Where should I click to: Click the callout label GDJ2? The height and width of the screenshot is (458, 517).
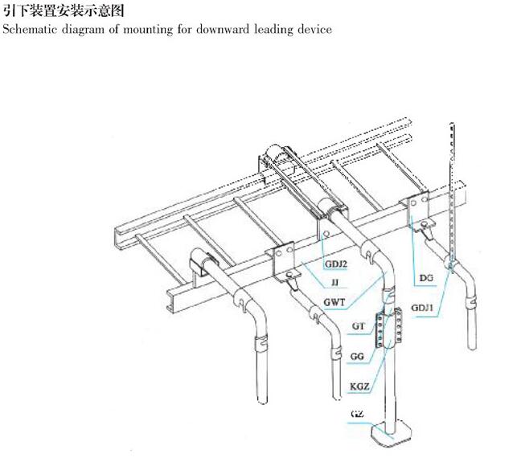(338, 264)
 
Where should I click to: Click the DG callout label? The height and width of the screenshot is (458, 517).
(427, 279)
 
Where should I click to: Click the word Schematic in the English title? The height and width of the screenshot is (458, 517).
(27, 30)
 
